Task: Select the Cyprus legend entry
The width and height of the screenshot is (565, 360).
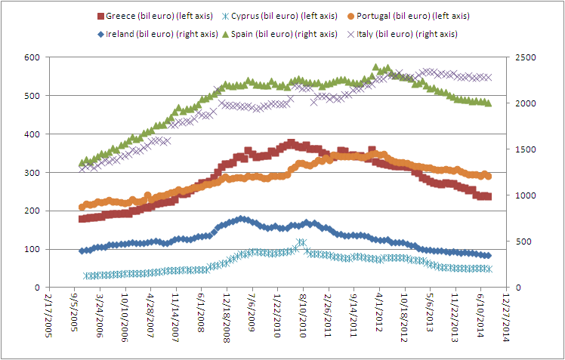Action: pos(292,16)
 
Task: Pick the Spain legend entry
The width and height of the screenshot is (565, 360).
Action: pos(291,33)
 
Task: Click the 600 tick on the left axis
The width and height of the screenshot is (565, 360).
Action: pos(31,57)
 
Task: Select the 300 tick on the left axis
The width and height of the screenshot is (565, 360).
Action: pos(31,173)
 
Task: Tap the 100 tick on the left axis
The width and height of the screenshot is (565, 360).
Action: pos(31,249)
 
